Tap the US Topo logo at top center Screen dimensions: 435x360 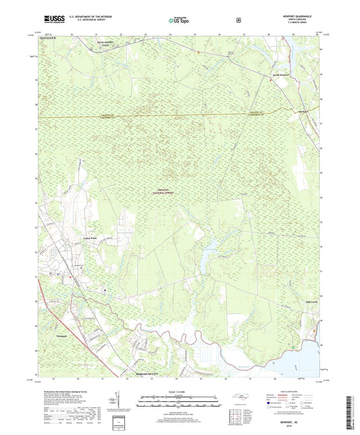(x=178, y=20)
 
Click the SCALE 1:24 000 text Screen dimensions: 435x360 (x=178, y=391)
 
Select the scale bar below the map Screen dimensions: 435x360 (x=178, y=401)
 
